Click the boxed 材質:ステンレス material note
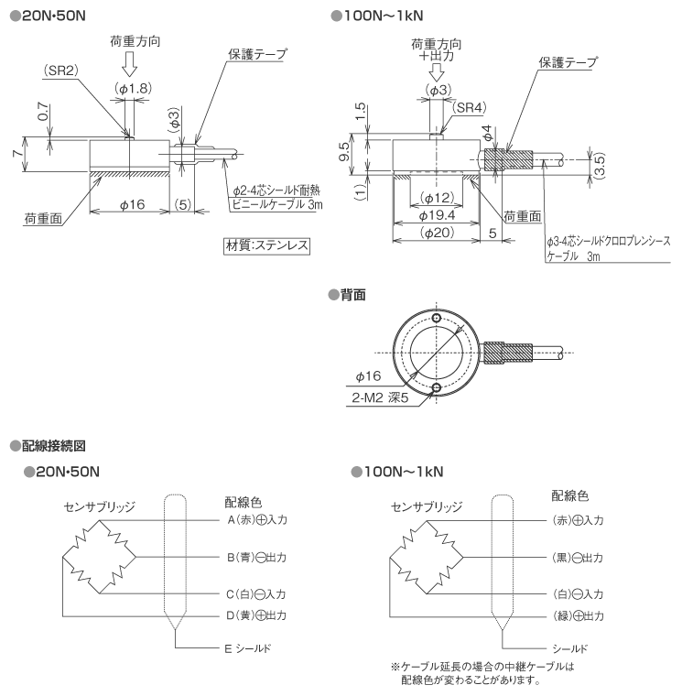coord(266,245)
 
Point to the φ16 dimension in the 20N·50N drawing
coord(133,204)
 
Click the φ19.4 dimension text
coord(438,215)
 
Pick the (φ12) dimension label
coord(438,199)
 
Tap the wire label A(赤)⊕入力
coord(257,519)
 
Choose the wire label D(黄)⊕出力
coord(257,615)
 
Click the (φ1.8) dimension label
coord(133,88)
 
